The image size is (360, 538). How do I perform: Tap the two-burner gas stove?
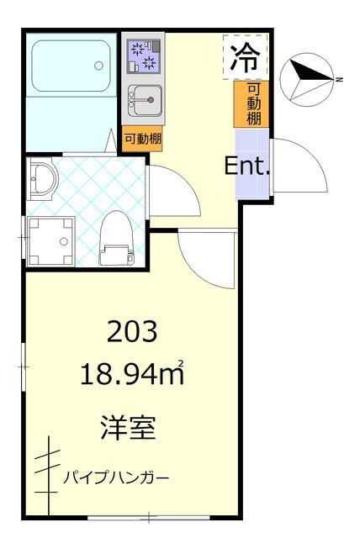[140, 56]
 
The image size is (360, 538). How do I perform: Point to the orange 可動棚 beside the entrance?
[253, 104]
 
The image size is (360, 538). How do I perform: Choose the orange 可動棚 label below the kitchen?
[142, 139]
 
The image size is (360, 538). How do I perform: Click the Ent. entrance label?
[247, 166]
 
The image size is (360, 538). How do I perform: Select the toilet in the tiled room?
[116, 239]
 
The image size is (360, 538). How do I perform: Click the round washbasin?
[42, 180]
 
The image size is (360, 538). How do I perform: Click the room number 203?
[131, 333]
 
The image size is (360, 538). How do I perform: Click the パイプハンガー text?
[116, 478]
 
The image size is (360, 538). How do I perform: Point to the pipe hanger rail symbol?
[49, 475]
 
